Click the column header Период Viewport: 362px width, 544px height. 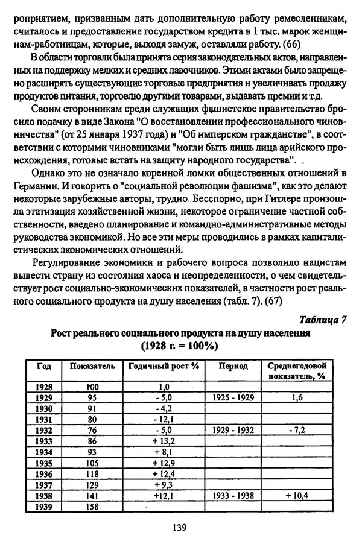pyautogui.click(x=232, y=367)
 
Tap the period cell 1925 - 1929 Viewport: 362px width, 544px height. pyautogui.click(x=232, y=398)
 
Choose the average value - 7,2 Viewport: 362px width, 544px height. pyautogui.click(x=297, y=431)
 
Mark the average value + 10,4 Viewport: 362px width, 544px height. pyautogui.click(x=297, y=496)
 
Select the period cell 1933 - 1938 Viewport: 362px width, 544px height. pyautogui.click(x=232, y=496)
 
